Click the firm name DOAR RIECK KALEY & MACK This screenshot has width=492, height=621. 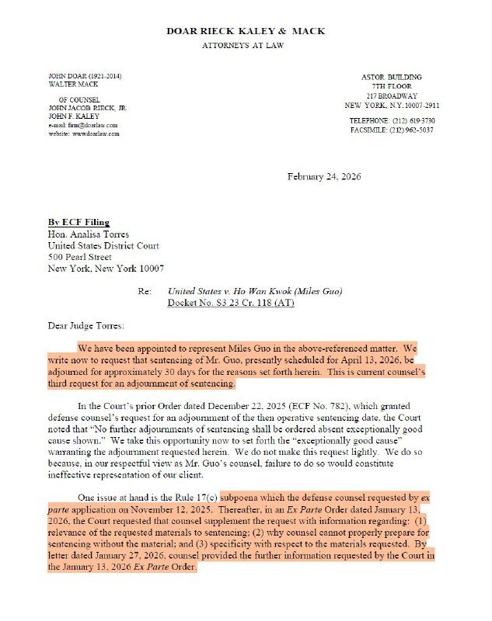[246, 31]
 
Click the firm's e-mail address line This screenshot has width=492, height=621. [82, 125]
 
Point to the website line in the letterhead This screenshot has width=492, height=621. [83, 134]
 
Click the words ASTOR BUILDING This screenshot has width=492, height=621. [392, 77]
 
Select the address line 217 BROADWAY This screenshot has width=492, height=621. [392, 95]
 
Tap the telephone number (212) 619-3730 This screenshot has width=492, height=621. [412, 121]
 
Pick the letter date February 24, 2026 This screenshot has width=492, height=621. [323, 177]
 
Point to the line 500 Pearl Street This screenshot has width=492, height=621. [80, 257]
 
